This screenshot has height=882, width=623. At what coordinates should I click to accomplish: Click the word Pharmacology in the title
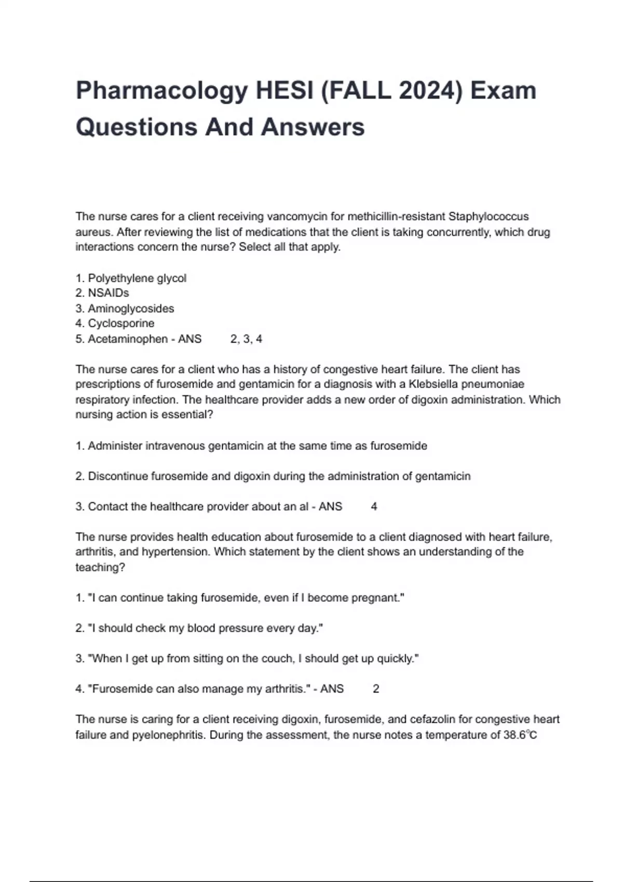161,91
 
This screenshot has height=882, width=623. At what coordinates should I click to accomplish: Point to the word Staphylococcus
489,216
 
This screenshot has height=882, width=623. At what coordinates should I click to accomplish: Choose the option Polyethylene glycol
137,278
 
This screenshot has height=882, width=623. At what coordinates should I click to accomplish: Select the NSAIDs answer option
109,293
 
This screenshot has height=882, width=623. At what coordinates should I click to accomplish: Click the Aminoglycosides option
131,309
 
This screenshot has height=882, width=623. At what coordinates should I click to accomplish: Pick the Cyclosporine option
121,324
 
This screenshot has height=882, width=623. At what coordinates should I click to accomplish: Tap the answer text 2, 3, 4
246,339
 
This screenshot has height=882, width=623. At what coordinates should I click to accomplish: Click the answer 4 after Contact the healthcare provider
374,507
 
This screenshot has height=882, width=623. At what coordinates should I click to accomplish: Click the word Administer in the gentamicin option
115,446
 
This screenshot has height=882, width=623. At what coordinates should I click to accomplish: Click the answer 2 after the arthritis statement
376,689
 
